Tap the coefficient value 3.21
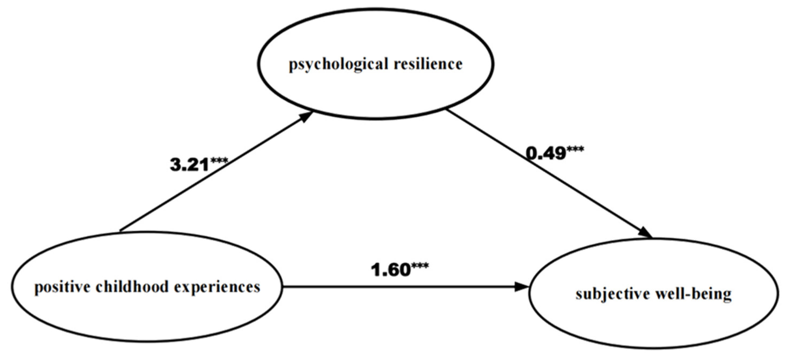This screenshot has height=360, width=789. (189, 165)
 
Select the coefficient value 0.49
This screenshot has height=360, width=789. (546, 153)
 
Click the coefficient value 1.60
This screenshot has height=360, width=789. (391, 270)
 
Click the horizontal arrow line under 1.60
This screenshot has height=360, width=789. (398, 287)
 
